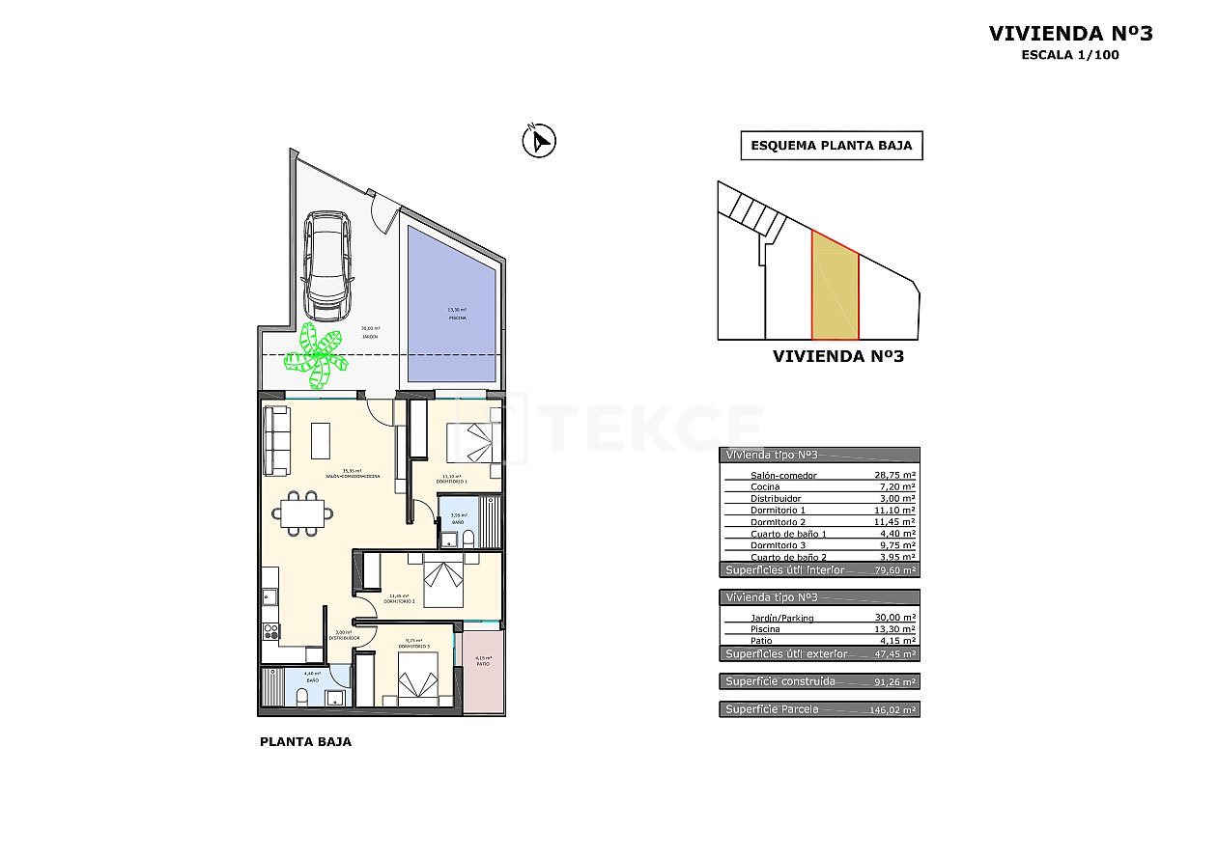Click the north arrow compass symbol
tap(539, 141)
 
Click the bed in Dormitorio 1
tap(474, 443)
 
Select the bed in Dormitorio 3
tap(418, 676)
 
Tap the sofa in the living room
tap(277, 441)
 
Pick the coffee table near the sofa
tap(320, 440)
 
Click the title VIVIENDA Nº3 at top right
tap(1070, 34)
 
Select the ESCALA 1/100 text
tap(1070, 55)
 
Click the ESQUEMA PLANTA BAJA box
tap(831, 146)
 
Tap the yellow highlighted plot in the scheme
tap(835, 290)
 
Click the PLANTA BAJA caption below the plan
tap(305, 742)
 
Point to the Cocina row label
tap(765, 487)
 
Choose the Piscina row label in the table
tap(765, 629)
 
